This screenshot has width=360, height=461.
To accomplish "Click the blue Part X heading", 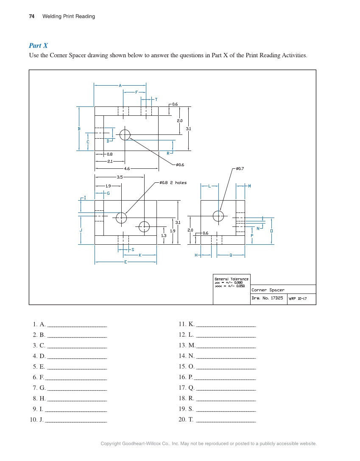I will [38, 45].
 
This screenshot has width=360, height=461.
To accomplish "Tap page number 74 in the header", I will [32, 17].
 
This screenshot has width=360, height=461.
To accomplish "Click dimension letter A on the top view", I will [120, 85].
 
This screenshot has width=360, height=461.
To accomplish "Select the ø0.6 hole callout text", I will [180, 164].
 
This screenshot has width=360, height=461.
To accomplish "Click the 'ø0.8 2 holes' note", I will [173, 183].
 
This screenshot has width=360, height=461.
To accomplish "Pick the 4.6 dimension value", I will [127, 168].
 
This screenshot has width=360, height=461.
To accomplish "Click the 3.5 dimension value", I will [120, 177].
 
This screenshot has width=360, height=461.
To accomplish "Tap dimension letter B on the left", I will [79, 129].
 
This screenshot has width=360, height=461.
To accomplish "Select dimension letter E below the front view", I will [126, 262].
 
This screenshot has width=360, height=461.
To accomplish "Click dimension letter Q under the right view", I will [231, 255].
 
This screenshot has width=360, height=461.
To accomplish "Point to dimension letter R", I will [168, 153].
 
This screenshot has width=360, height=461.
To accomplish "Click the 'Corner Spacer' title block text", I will [268, 290].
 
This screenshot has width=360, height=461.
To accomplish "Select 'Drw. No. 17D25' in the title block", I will [267, 298].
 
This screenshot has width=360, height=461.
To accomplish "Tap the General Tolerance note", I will [232, 282].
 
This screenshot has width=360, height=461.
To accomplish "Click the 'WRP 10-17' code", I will [298, 299].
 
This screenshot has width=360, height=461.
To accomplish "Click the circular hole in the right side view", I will [218, 216].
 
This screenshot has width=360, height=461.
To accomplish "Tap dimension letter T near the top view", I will [156, 99].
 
